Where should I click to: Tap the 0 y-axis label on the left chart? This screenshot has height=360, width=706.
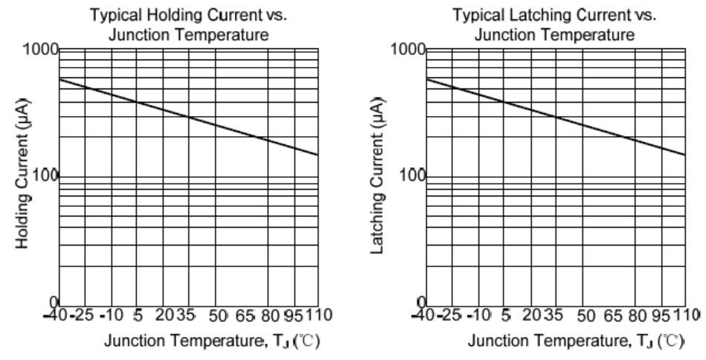(x=53, y=301)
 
